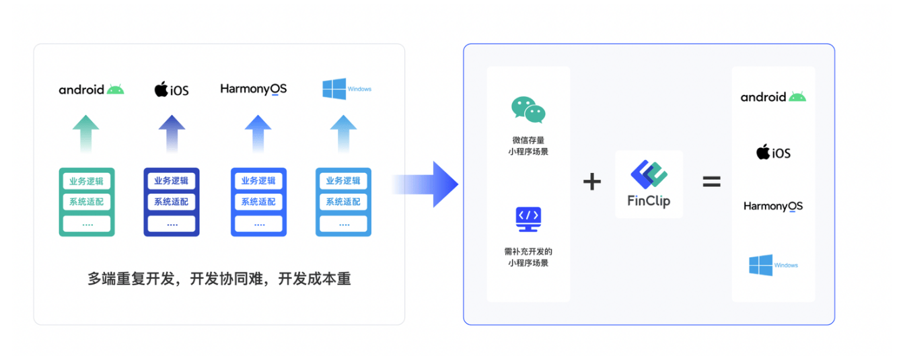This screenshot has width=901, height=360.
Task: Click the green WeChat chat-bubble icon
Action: [x=528, y=110]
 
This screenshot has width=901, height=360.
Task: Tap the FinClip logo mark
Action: [x=649, y=174]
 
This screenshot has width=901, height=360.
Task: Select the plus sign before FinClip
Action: [x=592, y=182]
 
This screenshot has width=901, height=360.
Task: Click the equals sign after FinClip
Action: [x=711, y=182]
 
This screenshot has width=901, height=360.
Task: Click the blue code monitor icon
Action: [x=528, y=219]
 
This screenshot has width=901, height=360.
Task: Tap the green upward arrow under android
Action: [x=85, y=133]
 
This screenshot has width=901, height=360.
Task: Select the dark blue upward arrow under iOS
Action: [x=172, y=133]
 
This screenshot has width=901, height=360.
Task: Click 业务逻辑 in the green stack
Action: [x=87, y=181]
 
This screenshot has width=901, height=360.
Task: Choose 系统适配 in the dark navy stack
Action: [x=172, y=201]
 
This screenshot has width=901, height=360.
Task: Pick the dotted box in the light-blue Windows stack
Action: [x=343, y=223]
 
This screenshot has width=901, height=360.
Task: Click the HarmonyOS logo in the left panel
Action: [x=254, y=89]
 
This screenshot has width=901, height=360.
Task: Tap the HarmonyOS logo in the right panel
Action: [x=773, y=207]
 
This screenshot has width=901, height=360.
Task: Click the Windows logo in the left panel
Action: [x=347, y=89]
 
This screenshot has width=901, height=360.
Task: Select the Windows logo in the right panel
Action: [x=773, y=265]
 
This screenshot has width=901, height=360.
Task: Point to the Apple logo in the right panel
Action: [x=763, y=151]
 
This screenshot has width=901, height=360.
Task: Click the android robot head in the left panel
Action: [x=116, y=89]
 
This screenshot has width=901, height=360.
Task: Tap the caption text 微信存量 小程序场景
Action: [x=528, y=145]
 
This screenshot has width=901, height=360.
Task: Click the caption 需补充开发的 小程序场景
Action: [x=528, y=257]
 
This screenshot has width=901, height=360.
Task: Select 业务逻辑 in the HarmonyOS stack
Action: [x=258, y=180]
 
